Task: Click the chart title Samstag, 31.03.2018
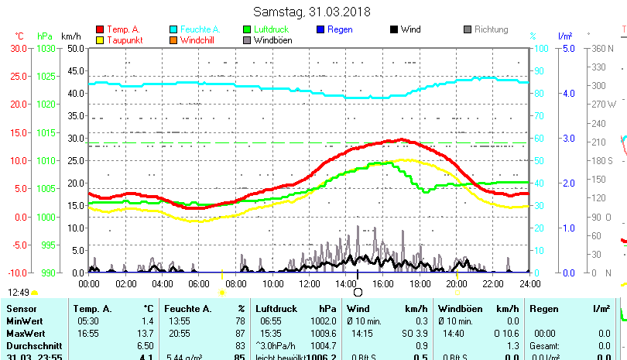312,12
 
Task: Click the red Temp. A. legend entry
123,29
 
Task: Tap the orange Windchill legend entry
198,40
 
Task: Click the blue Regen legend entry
340,29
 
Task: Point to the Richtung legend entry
491,29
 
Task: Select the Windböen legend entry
272,40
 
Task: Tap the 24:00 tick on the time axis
529,283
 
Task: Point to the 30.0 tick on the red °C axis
19,48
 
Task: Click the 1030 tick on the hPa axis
46,48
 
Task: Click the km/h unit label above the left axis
70,36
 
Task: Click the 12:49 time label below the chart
19,293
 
